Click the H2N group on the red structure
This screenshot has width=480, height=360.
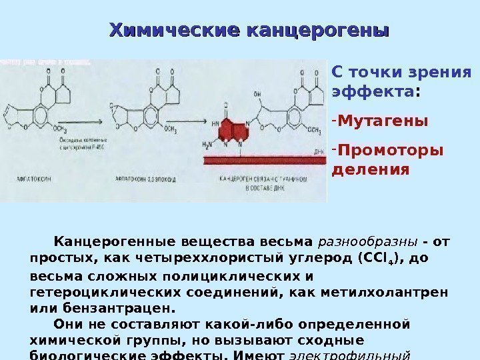(x=217, y=145)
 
